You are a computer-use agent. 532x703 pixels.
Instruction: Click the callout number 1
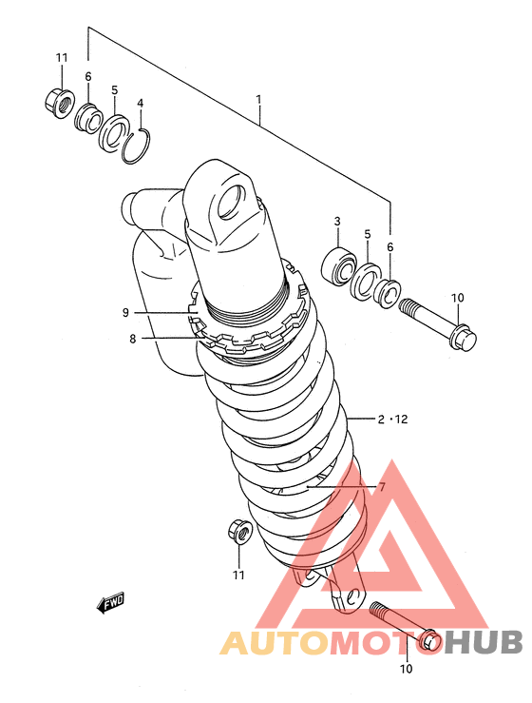(x=258, y=99)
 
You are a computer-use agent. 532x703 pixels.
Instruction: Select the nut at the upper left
(x=60, y=104)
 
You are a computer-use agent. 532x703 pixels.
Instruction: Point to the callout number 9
(x=125, y=312)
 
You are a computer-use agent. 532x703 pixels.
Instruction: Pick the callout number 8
(x=133, y=339)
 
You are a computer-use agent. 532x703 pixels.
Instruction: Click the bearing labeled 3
(x=338, y=267)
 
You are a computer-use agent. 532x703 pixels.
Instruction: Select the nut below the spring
(x=240, y=531)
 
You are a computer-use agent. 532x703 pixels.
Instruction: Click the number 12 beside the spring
(x=402, y=420)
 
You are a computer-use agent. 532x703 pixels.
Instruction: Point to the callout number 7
(x=382, y=487)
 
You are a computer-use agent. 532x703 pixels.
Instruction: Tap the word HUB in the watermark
(x=485, y=642)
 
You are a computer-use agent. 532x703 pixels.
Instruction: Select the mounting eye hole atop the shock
(x=233, y=202)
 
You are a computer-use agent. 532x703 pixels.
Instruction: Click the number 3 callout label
(x=337, y=221)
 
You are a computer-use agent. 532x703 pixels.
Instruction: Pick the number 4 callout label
(x=141, y=104)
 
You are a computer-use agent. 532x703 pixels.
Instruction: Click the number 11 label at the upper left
(x=62, y=58)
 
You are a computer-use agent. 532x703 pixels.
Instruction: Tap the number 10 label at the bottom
(x=407, y=669)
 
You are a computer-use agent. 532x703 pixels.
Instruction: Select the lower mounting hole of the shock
(x=353, y=596)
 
